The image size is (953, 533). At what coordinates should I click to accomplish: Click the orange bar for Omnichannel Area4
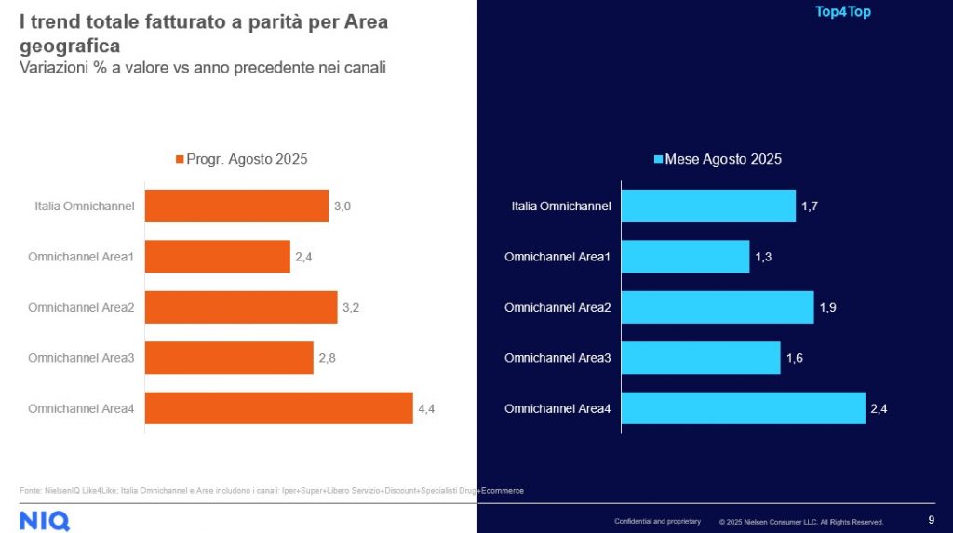[278, 408]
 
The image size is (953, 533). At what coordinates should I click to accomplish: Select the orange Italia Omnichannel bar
[236, 206]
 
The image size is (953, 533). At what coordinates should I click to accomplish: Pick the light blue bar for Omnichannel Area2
[717, 307]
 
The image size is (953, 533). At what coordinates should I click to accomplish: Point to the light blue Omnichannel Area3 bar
[700, 358]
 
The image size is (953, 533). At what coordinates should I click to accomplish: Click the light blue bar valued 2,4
[743, 408]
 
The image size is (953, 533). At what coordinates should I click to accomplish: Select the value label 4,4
[427, 408]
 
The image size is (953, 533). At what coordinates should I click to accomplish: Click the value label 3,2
[352, 307]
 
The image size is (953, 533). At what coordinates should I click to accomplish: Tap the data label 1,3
[763, 257]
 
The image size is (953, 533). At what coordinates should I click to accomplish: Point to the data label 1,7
[811, 206]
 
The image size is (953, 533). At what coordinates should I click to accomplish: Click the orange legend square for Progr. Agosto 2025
[180, 160]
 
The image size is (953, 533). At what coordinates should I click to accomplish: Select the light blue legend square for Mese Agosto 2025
[657, 160]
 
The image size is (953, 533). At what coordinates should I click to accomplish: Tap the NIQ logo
[44, 520]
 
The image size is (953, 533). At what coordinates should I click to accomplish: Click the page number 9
[932, 520]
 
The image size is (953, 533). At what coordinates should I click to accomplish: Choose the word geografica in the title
[70, 45]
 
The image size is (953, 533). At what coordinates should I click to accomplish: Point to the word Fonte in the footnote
[30, 490]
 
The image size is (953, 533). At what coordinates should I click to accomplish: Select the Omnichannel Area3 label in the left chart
[81, 358]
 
